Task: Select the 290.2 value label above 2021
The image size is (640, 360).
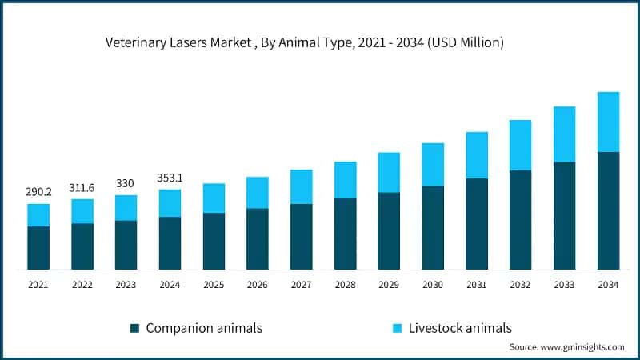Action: [x=38, y=192]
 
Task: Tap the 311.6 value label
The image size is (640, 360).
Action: [x=82, y=187]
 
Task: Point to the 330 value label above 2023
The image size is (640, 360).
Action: [x=126, y=183]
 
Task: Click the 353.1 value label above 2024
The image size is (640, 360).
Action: [x=170, y=178]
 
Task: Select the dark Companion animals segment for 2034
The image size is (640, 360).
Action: [x=608, y=210]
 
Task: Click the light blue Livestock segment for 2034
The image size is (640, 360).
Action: [x=608, y=122]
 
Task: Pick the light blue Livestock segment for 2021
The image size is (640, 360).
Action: [x=38, y=215]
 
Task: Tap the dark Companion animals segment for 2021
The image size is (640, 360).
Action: [x=38, y=248]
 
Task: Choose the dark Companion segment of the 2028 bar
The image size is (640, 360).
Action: [x=345, y=234]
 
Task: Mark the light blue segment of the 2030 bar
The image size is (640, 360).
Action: [x=433, y=164]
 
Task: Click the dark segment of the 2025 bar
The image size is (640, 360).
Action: [x=214, y=241]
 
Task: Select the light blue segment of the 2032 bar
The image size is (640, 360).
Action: [x=520, y=145]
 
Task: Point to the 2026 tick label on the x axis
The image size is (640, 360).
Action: [x=258, y=285]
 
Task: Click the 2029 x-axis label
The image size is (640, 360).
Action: [x=389, y=285]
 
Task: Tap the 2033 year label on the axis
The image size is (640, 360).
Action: [x=564, y=285]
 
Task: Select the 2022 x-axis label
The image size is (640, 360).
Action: [x=82, y=285]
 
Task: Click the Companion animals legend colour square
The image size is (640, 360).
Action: [x=134, y=328]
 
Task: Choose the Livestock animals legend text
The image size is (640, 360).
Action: [x=459, y=328]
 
